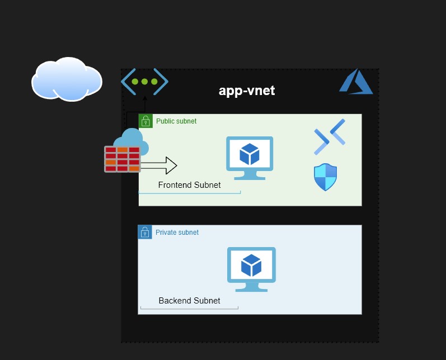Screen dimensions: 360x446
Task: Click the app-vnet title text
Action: click(246, 91)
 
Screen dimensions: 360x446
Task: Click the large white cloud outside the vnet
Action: click(67, 79)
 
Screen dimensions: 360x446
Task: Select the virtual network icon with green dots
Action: click(144, 82)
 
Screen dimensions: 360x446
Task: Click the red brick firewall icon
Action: click(122, 159)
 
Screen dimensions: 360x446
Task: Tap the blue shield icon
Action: click(325, 178)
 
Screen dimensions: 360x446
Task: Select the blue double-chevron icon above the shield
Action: click(330, 136)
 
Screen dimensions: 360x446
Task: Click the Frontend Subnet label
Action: click(189, 185)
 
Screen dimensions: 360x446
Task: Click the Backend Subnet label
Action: click(189, 301)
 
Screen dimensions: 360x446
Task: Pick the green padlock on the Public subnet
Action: click(145, 121)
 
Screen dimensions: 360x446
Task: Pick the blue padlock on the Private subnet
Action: click(145, 232)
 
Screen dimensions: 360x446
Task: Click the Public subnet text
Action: click(176, 121)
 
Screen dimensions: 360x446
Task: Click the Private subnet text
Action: click(177, 233)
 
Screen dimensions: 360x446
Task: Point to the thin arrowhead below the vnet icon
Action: click(145, 98)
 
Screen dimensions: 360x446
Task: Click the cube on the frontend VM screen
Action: click(249, 153)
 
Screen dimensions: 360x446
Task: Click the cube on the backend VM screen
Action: click(251, 265)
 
